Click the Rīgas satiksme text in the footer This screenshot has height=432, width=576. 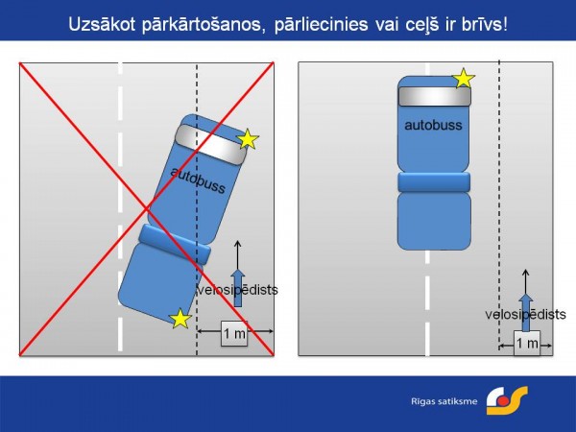coord(444,401)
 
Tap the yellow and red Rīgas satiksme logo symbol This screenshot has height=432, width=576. coord(507,400)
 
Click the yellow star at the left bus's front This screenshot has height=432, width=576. coord(248,139)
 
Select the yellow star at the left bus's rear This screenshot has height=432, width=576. coord(180,319)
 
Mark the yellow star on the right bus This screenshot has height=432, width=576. coord(464,78)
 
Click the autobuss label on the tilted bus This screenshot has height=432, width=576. coord(198,180)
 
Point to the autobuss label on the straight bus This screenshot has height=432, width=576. coord(434,125)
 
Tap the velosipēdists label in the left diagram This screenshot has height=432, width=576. coord(238,290)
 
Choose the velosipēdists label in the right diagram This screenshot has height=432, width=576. coord(525,315)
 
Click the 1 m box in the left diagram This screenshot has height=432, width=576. coord(234,333)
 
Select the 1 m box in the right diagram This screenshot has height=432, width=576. coord(527,343)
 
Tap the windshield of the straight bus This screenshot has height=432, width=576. coord(435,96)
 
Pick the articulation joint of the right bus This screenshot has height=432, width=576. coord(434,181)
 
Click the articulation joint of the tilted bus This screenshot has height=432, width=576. coord(175,244)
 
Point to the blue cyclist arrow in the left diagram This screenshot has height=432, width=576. coord(238,288)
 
